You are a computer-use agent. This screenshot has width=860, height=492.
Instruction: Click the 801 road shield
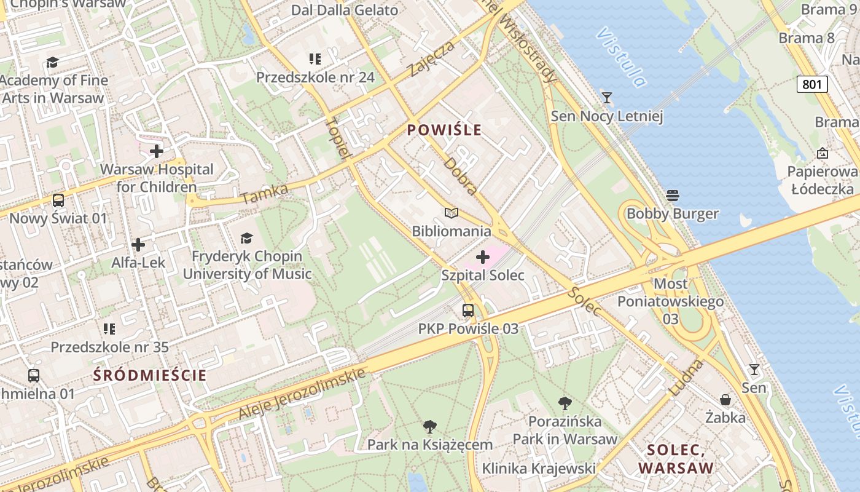pyautogui.click(x=811, y=84)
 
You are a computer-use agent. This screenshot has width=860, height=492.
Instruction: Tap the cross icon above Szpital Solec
pyautogui.click(x=483, y=256)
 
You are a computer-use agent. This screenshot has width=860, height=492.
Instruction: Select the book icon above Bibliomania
pyautogui.click(x=451, y=213)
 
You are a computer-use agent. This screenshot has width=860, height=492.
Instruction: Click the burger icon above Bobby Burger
pyautogui.click(x=673, y=196)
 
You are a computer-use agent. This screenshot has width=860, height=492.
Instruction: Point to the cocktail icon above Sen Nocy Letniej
pyautogui.click(x=607, y=97)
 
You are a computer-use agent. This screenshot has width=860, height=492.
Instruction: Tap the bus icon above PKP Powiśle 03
pyautogui.click(x=468, y=310)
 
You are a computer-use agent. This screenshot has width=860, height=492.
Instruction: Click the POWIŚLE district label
pyautogui.click(x=444, y=130)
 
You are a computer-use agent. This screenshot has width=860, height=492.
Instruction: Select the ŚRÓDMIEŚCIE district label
pyautogui.click(x=150, y=375)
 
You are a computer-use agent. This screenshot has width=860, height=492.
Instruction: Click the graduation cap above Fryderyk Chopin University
pyautogui.click(x=246, y=238)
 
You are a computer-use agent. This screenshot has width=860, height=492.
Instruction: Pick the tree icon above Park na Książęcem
pyautogui.click(x=430, y=426)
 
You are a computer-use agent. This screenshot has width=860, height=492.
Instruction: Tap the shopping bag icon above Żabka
pyautogui.click(x=725, y=400)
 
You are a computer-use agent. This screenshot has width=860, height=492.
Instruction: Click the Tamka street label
pyautogui.click(x=265, y=194)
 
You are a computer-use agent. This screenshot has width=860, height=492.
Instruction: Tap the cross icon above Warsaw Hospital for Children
pyautogui.click(x=157, y=151)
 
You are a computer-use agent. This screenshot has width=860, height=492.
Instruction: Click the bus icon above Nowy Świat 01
pyautogui.click(x=58, y=200)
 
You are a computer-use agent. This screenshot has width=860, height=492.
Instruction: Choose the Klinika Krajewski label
pyautogui.click(x=539, y=469)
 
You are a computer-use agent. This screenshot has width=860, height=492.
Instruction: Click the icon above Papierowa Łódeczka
pyautogui.click(x=823, y=153)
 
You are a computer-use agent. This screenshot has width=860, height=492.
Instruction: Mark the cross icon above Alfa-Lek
pyautogui.click(x=138, y=245)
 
